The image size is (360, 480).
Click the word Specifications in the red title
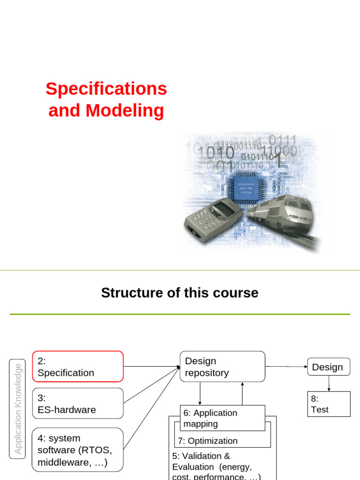pyautogui.click(x=106, y=89)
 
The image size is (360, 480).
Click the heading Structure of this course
pyautogui.click(x=180, y=293)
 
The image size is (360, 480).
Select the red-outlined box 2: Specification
pyautogui.click(x=77, y=367)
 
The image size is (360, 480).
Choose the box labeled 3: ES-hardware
pyautogui.click(x=77, y=404)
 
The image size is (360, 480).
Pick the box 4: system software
pyautogui.click(x=77, y=450)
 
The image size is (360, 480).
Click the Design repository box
pyautogui.click(x=222, y=367)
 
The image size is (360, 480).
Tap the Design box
pyautogui.click(x=328, y=367)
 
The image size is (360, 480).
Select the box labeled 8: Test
pyautogui.click(x=328, y=404)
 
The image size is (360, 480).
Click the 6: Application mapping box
pyautogui.click(x=222, y=418)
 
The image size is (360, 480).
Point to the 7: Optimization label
pyautogui.click(x=208, y=441)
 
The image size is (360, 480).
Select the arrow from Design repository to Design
pyautogui.click(x=286, y=367)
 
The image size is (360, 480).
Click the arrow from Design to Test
pyautogui.click(x=329, y=383)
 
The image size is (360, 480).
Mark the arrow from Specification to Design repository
pyautogui.click(x=151, y=367)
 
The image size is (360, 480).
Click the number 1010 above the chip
pyautogui.click(x=216, y=153)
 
